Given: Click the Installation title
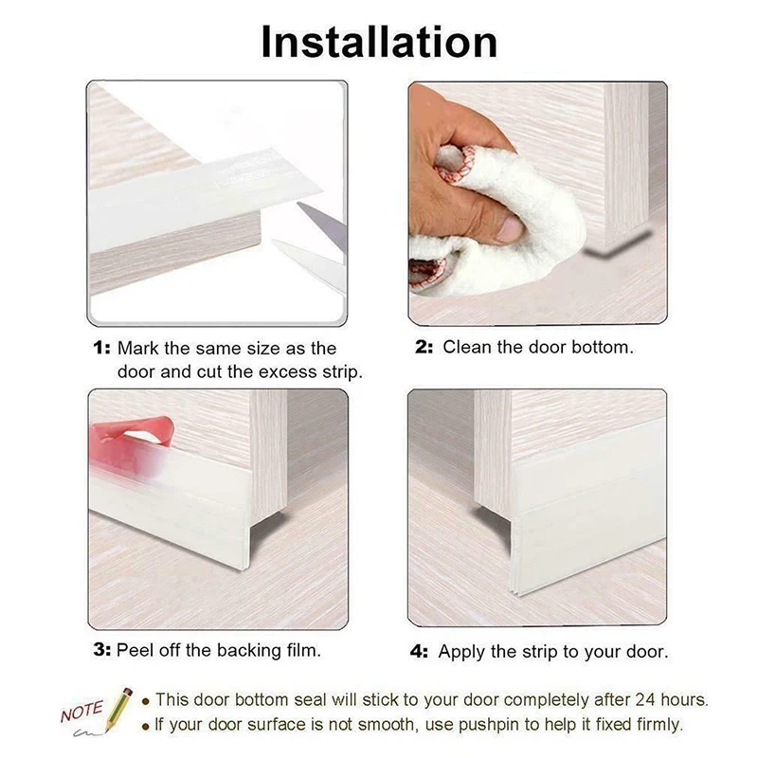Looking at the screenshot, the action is tap(379, 42).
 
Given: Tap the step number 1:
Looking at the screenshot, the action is tap(101, 348).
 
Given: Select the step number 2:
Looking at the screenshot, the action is tap(424, 347).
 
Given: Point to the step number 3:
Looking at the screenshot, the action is tap(102, 650).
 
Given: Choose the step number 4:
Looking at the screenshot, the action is tap(419, 652).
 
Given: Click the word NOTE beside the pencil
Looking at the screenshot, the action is tap(82, 712).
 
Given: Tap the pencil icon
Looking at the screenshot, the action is tap(118, 710).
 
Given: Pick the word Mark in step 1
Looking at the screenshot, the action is tap(138, 348).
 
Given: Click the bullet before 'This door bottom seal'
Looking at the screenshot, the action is tap(146, 701).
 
